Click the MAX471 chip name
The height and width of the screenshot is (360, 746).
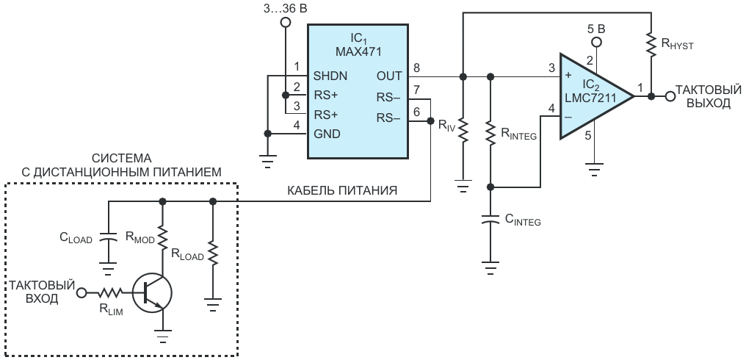[x=358, y=51]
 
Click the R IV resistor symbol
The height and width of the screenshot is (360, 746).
[x=463, y=129]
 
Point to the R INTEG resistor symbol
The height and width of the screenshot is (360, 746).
[x=490, y=129]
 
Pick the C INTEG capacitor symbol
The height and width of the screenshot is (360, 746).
[x=490, y=220]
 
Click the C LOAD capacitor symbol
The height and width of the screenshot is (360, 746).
[x=109, y=237]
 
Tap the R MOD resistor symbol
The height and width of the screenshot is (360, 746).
[x=163, y=237]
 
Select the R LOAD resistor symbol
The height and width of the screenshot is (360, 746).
[x=213, y=256]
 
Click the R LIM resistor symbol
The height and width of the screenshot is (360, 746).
[x=110, y=292]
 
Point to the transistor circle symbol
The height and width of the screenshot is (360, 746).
[x=151, y=294]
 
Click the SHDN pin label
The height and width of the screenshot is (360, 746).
[x=330, y=76]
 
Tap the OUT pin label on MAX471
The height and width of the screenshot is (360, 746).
[x=389, y=76]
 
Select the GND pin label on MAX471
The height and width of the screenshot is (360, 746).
[x=327, y=134]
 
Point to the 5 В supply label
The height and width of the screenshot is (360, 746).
[x=596, y=29]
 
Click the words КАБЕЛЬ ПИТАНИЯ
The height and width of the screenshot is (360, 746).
[x=342, y=191]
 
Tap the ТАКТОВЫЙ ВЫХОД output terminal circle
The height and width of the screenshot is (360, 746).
[x=670, y=96]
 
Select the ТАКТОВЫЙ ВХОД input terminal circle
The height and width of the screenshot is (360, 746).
[x=82, y=292]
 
